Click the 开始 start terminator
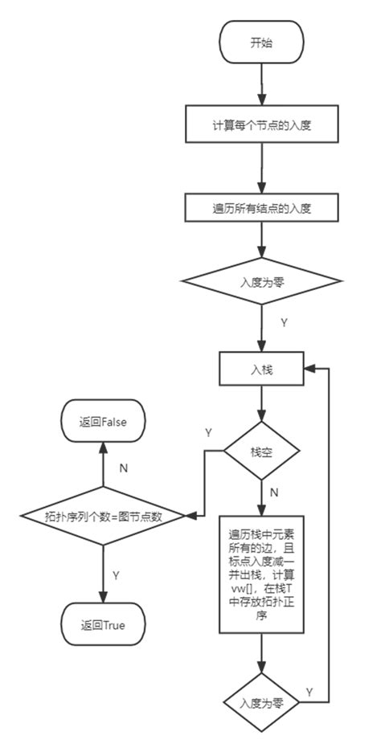262,43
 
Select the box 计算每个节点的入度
262,126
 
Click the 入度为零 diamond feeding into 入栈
262,283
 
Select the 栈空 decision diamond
262,452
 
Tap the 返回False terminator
103,420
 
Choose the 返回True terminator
103,624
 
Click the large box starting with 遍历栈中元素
262,575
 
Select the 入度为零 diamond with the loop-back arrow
262,701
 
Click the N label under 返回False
122,465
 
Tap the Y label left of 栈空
208,432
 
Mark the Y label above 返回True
117,575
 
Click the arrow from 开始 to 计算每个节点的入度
262,84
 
